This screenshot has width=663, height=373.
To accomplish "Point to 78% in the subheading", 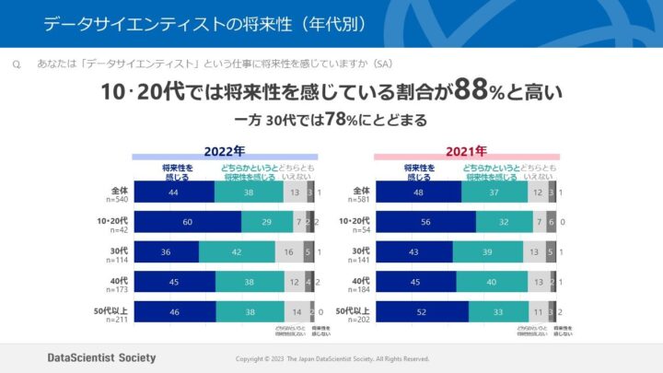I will coord(340,121).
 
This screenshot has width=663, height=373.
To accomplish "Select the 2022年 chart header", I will coord(225,151).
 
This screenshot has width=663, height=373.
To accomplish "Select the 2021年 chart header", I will coord(467,151).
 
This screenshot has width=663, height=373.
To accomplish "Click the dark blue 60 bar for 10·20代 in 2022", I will coord(188,222).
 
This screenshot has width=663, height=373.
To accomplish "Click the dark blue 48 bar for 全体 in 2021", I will coord(418,192).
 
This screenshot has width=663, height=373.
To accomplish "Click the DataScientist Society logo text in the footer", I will coord(101,357).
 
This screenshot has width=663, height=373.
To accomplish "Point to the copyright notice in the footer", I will coord(332,358).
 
